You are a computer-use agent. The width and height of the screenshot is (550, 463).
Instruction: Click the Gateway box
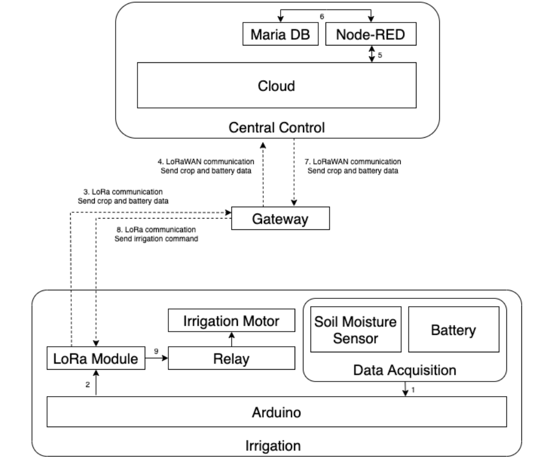click(x=280, y=219)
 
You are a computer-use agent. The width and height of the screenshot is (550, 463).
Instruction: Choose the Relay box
click(x=231, y=358)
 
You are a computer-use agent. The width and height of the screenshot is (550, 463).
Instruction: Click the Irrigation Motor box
click(x=232, y=322)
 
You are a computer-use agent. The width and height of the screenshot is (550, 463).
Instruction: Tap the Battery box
click(x=453, y=330)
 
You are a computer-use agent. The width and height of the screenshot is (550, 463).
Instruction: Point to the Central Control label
click(x=277, y=128)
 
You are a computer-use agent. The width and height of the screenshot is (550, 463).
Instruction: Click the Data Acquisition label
click(x=405, y=371)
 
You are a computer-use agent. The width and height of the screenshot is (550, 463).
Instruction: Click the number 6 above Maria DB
click(x=322, y=16)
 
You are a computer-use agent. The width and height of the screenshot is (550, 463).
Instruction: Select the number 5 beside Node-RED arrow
click(x=380, y=55)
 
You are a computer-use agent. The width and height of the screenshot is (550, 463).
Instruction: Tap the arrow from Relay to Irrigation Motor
click(x=232, y=339)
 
